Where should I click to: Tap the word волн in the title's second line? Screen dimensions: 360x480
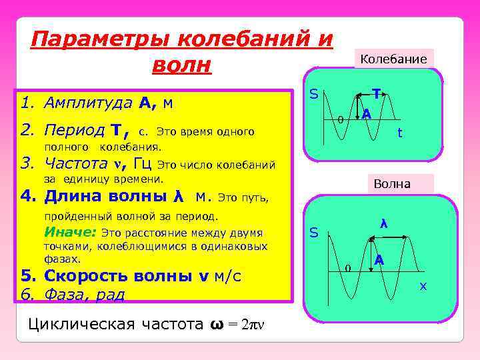tap(181, 65)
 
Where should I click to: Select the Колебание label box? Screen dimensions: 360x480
tap(393, 59)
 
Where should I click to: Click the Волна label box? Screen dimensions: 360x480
tap(393, 183)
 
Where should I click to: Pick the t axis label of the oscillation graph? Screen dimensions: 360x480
tap(399, 133)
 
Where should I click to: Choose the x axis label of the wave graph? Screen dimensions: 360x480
tap(422, 287)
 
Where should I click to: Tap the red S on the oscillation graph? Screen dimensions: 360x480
tap(312, 96)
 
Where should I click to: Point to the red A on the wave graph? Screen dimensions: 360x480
tap(379, 259)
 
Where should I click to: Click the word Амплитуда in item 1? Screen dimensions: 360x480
tap(88, 103)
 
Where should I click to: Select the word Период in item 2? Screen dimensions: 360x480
tap(74, 130)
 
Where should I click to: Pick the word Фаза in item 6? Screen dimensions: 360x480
tap(63, 294)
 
